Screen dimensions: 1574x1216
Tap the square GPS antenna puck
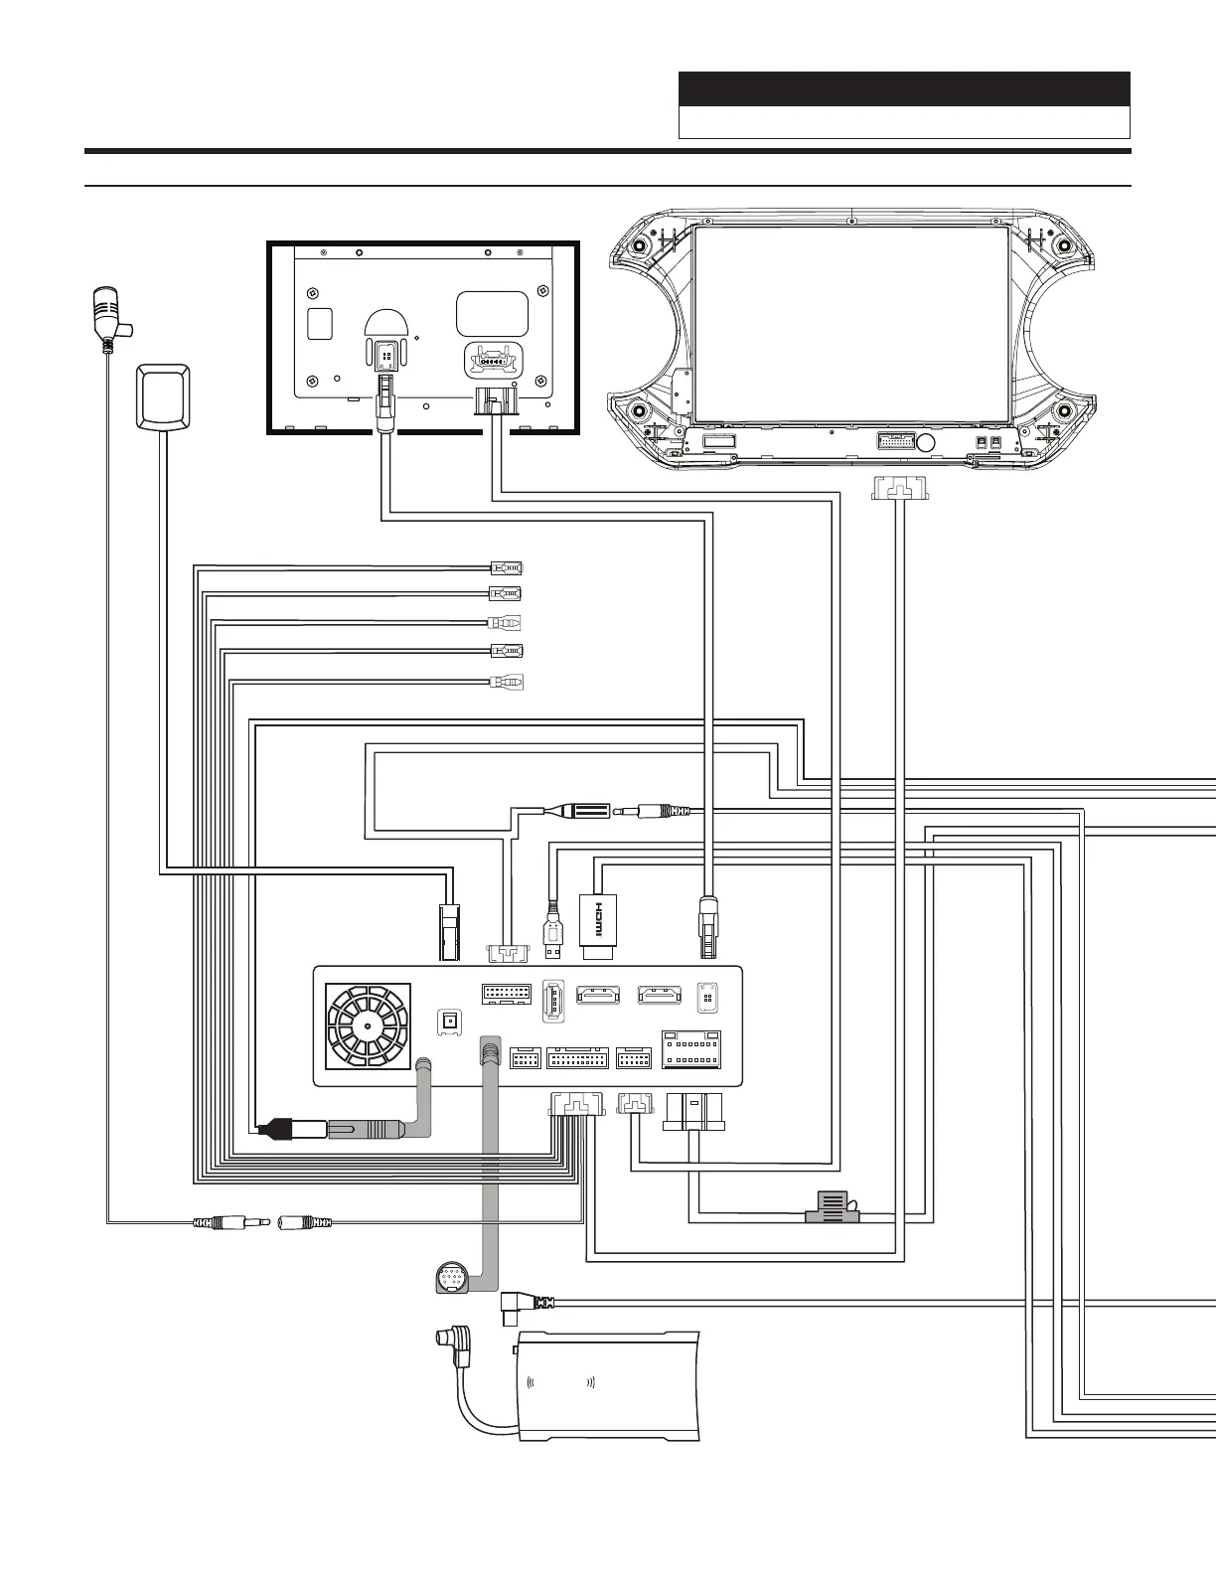[163, 395]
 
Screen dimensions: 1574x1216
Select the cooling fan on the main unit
[369, 1026]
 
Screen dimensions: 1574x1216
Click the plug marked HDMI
[598, 925]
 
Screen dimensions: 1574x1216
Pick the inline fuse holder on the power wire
[832, 1207]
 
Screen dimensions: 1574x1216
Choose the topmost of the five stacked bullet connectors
[506, 569]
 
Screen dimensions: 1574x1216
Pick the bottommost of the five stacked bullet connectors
[506, 683]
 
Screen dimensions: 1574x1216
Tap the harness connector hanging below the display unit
[899, 488]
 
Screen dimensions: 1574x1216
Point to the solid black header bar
[904, 89]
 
